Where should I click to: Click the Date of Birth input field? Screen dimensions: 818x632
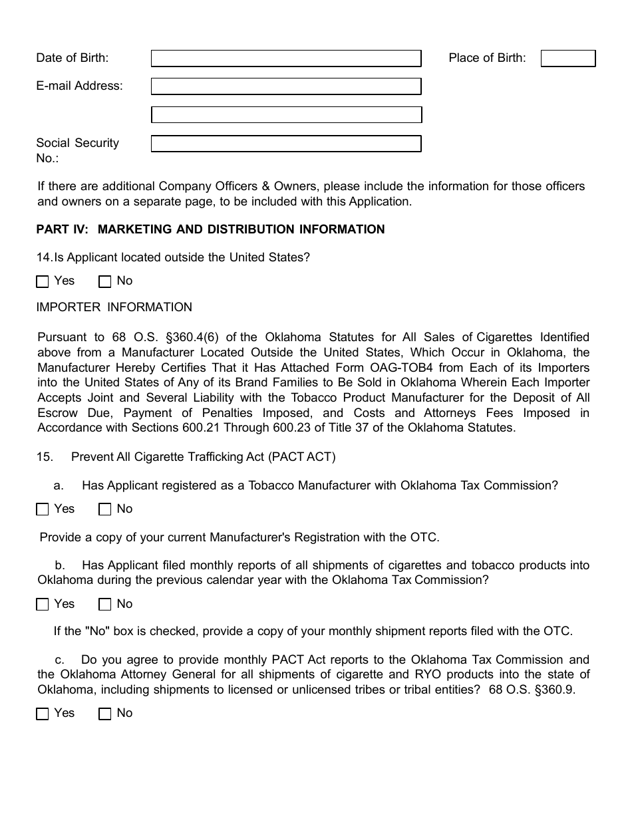286,59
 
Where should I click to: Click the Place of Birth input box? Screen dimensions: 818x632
567,59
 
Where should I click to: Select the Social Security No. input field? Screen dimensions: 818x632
286,144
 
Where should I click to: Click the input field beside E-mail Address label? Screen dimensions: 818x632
286,86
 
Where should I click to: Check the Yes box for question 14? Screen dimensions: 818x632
43,282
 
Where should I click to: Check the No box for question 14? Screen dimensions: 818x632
104,282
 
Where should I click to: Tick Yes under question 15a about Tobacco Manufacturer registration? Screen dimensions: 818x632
43,510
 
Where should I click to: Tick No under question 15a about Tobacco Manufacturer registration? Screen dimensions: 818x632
104,510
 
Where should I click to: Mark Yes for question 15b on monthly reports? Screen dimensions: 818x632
43,605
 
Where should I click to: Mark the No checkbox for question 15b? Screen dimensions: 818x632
104,605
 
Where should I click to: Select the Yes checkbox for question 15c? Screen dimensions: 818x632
43,714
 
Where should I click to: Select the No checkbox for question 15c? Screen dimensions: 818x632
104,714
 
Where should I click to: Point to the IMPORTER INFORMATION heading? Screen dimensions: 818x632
114,307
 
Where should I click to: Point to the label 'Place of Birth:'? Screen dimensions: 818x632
487,59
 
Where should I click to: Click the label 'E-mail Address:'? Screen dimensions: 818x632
79,86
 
